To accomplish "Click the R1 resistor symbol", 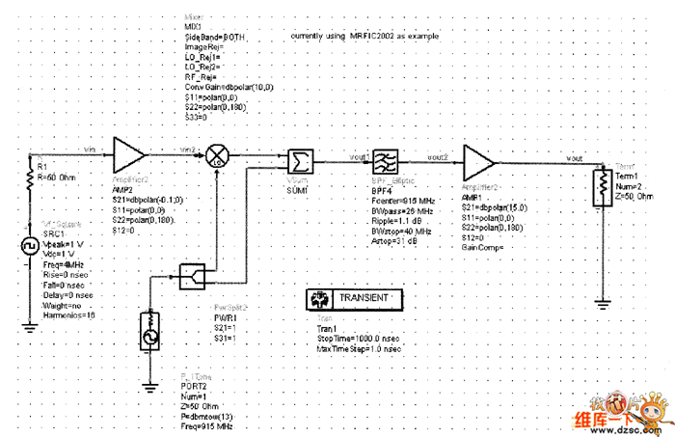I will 29,178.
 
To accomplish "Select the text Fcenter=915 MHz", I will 404,200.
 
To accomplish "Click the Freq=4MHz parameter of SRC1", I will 63,263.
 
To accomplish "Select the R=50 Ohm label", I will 58,177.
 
